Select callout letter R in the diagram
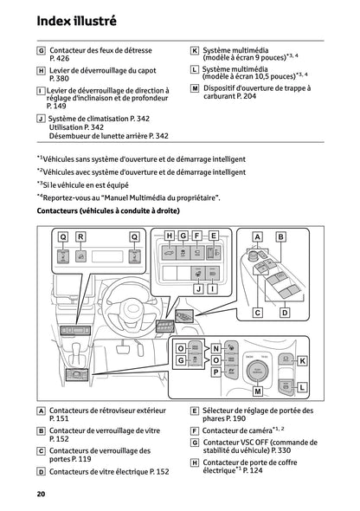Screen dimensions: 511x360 80,236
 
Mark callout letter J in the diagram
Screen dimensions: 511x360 198,288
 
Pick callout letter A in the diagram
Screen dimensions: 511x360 257,236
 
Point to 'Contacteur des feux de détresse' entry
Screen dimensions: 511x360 105,52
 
